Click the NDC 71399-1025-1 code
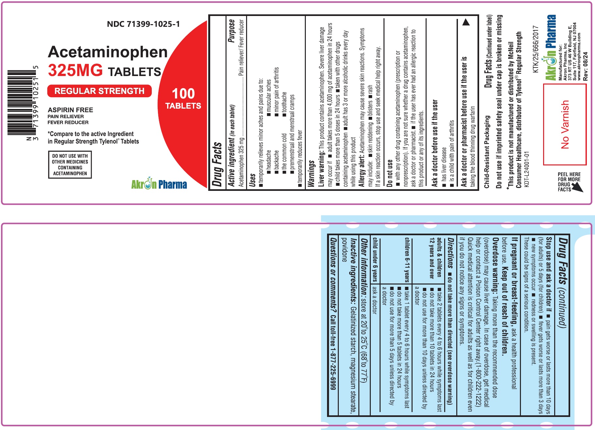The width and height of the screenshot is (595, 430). tap(143, 24)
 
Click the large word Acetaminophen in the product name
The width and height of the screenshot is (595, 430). tap(108, 52)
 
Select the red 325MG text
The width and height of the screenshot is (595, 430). tap(75, 70)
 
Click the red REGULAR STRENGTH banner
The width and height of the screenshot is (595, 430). tap(100, 91)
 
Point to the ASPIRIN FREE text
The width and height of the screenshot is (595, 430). tap(70, 110)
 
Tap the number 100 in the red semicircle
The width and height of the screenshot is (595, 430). tap(183, 94)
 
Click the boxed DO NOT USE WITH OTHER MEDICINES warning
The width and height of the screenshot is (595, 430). tap(70, 164)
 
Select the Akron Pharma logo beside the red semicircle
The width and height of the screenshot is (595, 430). tap(159, 184)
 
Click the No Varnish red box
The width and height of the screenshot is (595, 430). tap(565, 124)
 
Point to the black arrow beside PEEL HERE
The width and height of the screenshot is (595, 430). tap(577, 187)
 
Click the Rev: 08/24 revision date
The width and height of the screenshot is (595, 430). tap(586, 67)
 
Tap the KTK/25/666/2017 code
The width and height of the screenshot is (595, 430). tap(535, 49)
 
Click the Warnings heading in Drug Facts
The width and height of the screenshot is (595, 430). tap(311, 174)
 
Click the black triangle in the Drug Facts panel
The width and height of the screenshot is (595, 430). tap(466, 22)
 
